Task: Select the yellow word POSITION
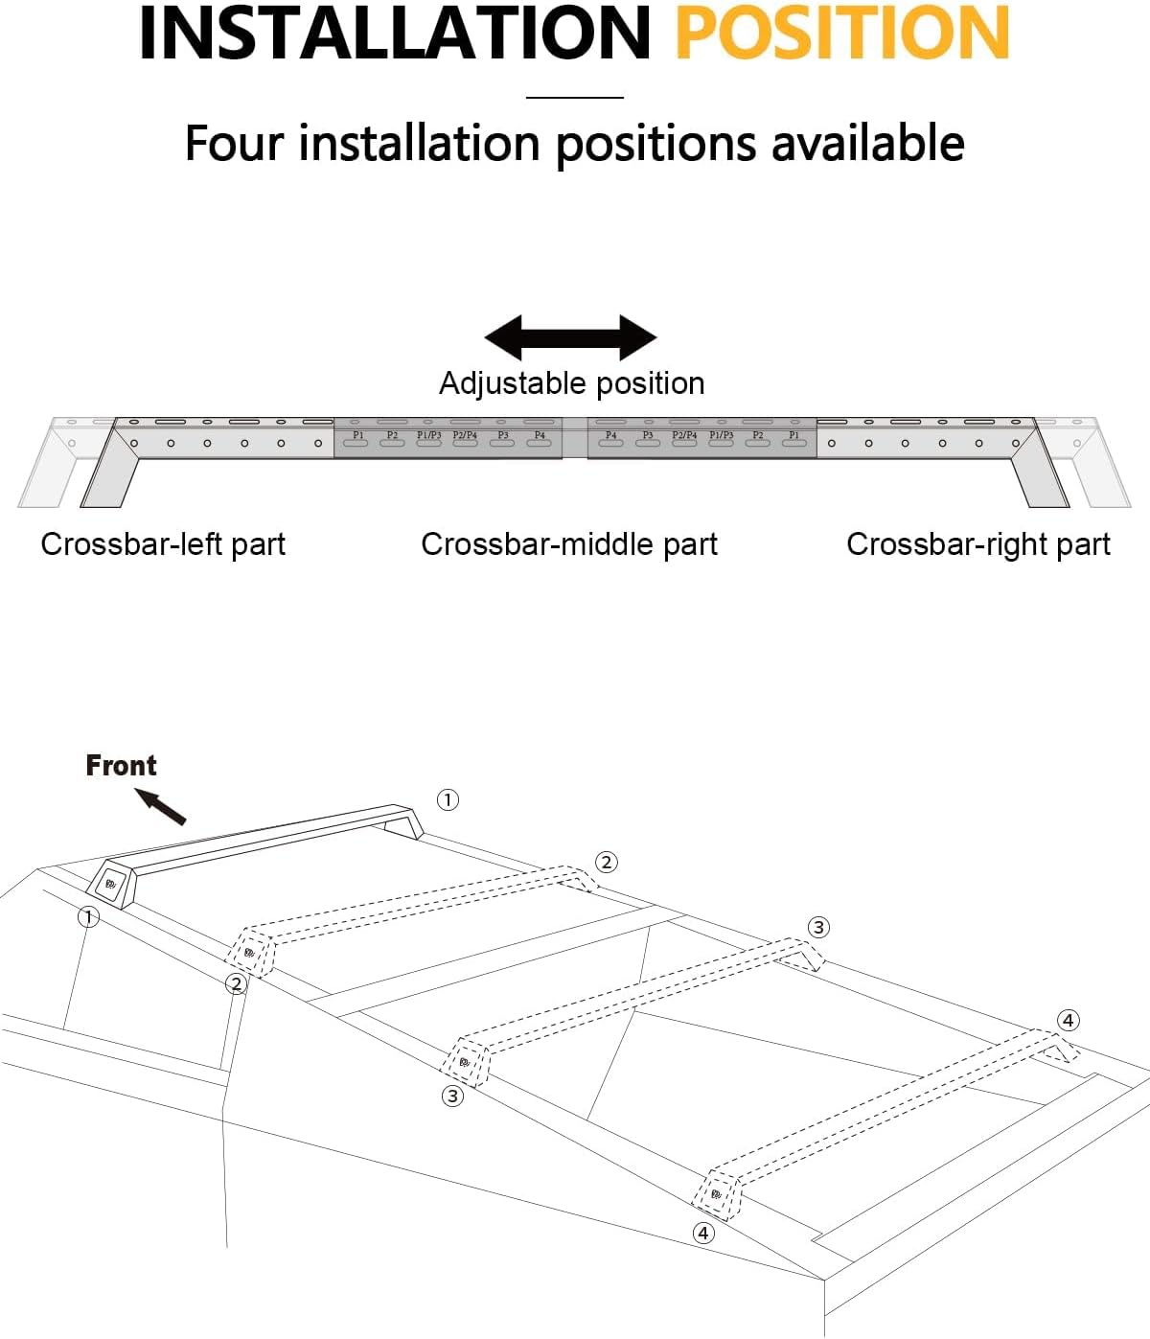tap(841, 34)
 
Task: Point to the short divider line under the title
tap(574, 97)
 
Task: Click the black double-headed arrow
tap(570, 337)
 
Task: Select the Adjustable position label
tap(571, 383)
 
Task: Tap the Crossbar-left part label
tap(163, 544)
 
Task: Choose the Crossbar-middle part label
tap(569, 544)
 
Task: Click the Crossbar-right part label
tap(977, 544)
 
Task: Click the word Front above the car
tap(121, 765)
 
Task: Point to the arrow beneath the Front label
tap(160, 806)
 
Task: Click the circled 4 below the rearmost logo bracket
tap(703, 1233)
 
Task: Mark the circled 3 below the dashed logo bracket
tap(452, 1095)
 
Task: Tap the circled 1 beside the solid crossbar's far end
tap(448, 799)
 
